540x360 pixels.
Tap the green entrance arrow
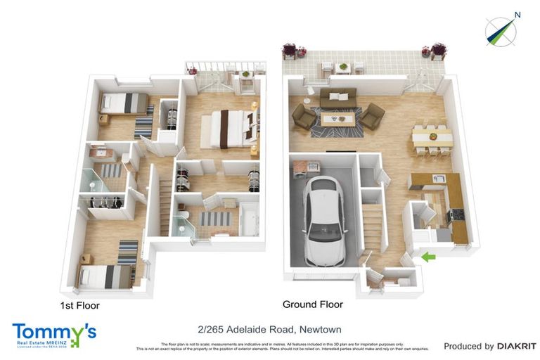pos(427,259)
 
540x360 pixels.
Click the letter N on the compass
pos(517,15)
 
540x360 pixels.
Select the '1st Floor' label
pos(81,306)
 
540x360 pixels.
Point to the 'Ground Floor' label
pos(313,304)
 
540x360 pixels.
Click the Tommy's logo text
pos(53,330)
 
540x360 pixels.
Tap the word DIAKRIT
pos(517,346)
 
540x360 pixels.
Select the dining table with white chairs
pos(432,136)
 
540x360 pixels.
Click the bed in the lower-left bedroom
pos(105,275)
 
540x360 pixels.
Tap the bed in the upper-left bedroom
pos(124,103)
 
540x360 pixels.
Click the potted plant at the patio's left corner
pos(289,50)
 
